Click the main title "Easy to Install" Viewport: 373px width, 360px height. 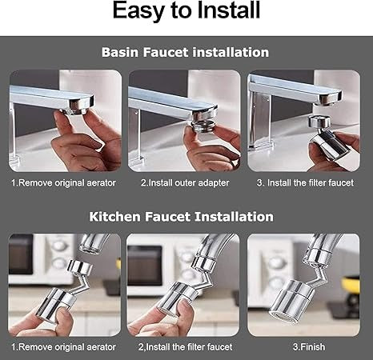(186, 10)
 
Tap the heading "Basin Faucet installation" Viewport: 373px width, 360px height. (185, 52)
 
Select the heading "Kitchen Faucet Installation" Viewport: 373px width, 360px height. (181, 217)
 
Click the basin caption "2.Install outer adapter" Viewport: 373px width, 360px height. (185, 183)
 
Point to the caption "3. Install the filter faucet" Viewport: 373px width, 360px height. (305, 183)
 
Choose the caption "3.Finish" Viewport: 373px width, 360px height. (309, 347)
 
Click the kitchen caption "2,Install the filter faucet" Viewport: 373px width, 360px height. (185, 347)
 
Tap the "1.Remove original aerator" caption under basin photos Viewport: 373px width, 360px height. (63, 183)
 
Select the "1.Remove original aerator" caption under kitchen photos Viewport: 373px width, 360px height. (63, 347)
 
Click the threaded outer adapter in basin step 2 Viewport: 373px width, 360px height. (203, 125)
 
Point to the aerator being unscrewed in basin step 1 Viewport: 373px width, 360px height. (75, 110)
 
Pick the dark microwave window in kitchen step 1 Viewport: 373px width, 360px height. (21, 254)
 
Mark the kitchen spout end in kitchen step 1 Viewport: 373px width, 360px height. (90, 245)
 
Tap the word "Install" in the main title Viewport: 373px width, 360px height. (229, 10)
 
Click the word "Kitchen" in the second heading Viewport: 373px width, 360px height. (114, 217)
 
